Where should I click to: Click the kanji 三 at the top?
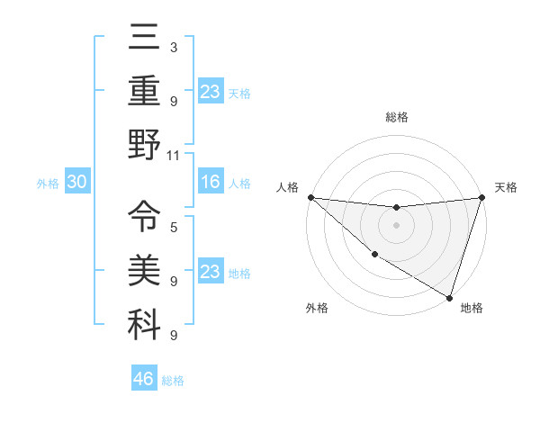coord(144,39)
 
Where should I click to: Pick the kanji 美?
coord(144,268)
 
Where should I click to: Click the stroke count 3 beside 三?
coord(173,47)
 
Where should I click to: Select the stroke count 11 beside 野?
coord(174,155)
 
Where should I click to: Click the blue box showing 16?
coord(211,183)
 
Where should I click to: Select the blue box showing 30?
coord(76,183)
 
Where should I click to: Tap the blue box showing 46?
coord(144,379)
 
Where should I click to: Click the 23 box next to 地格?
coord(211,273)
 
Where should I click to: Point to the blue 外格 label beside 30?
coord(48,184)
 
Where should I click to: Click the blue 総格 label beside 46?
coord(173,381)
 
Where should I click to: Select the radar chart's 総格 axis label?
coord(396,117)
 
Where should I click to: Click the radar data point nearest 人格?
coord(310,197)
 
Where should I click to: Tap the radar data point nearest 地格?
coord(449,297)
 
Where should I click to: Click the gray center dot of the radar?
coord(396,225)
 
